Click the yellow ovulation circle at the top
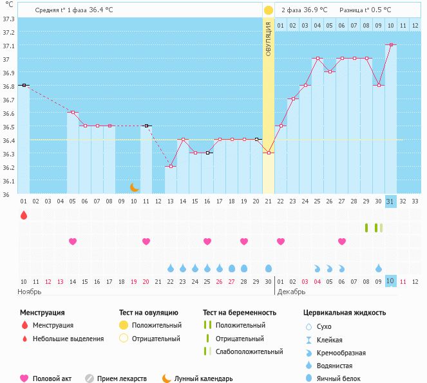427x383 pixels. tap(268, 10)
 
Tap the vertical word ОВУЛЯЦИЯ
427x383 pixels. tap(268, 39)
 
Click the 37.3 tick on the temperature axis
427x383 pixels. tap(8, 19)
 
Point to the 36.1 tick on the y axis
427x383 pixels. tap(8, 181)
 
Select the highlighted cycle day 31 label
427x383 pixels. tap(390, 201)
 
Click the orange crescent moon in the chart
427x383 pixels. tap(135, 187)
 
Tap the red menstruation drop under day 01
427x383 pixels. tap(24, 215)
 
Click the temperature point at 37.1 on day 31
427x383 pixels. tap(390, 45)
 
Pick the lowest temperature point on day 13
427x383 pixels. tap(171, 167)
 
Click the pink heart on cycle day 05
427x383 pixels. tap(73, 241)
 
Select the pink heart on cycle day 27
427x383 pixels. tap(342, 241)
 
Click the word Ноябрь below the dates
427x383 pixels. tap(30, 292)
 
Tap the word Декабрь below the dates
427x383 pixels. tap(292, 292)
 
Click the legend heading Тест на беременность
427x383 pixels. tap(240, 312)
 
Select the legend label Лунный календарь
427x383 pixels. tap(204, 378)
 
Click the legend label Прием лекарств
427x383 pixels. tap(122, 378)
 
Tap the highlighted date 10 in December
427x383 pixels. tap(390, 281)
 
